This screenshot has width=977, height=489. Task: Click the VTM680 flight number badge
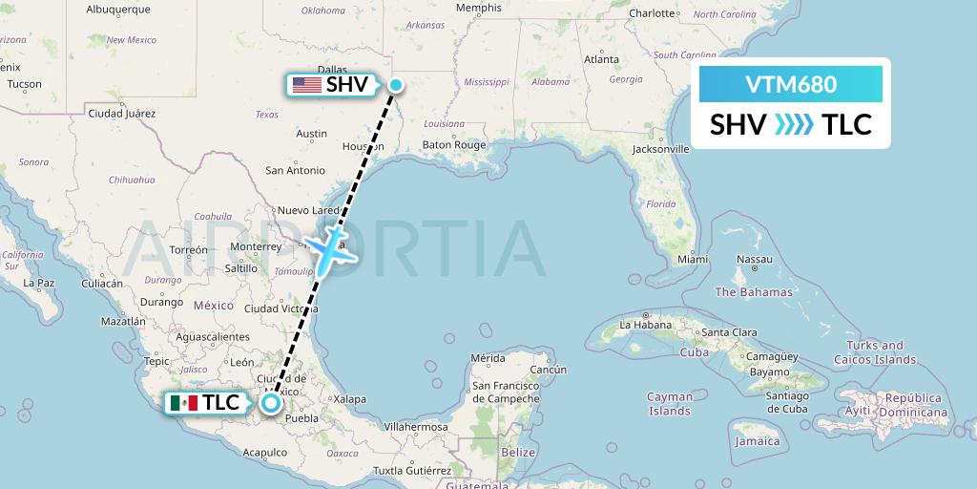790,84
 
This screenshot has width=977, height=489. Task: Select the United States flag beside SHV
307,84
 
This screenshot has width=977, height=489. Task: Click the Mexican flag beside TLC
183,403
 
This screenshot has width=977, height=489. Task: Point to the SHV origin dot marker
395,84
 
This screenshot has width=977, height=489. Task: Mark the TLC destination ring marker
272,403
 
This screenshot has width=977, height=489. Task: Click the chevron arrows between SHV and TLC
794,124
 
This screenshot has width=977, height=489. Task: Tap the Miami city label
693,259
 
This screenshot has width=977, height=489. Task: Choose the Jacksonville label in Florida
659,149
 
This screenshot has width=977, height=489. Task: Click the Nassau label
753,259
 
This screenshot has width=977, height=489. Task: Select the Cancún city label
549,370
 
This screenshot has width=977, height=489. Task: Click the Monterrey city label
257,245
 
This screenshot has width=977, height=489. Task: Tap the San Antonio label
295,170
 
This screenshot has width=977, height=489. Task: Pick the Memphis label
478,8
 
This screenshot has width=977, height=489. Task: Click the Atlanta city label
601,58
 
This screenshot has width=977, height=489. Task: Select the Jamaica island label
757,441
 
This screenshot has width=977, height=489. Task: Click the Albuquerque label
118,9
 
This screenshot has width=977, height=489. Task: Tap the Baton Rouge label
454,145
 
